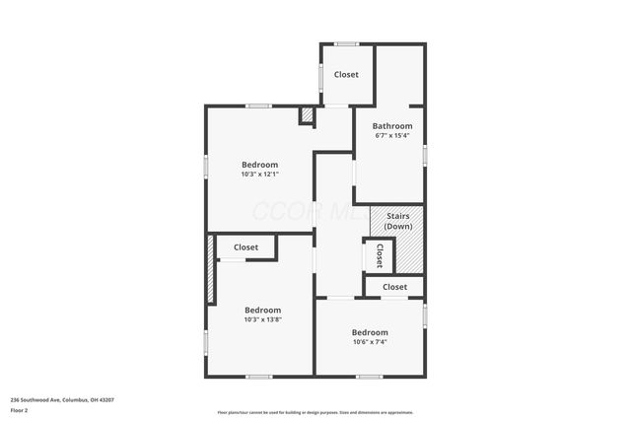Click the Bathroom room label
[x=391, y=126]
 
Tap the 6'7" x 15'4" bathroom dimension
[x=391, y=136]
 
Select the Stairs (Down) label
[x=398, y=221]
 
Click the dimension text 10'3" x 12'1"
[x=260, y=175]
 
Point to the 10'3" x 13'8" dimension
[x=262, y=319]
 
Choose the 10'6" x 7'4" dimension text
[x=370, y=342]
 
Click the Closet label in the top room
[x=346, y=75]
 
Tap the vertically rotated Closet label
[x=379, y=256]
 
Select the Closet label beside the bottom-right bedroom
[x=394, y=287]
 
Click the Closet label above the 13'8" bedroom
[x=245, y=247]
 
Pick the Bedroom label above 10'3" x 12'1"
[x=260, y=165]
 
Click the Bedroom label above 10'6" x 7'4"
[x=370, y=332]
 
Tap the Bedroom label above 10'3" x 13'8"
[x=262, y=310]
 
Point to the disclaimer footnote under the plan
[x=315, y=412]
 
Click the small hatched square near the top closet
[x=307, y=116]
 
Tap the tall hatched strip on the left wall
[x=210, y=269]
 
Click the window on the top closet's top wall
[x=345, y=43]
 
